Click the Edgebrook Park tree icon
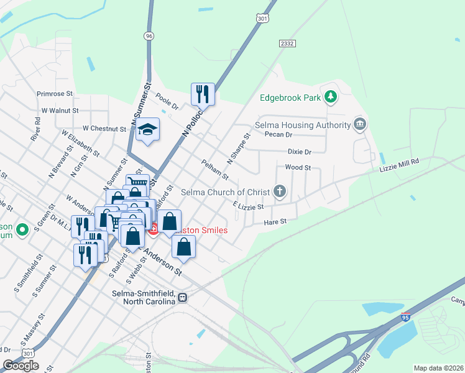click(331, 97)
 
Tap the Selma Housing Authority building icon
click(359, 125)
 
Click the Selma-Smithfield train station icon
click(182, 297)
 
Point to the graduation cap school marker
click(147, 129)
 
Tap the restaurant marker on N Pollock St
click(203, 94)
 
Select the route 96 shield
click(148, 36)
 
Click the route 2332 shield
click(287, 43)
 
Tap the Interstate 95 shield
click(405, 318)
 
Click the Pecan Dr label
click(278, 134)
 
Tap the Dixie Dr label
click(299, 152)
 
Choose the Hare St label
click(275, 221)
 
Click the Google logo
click(21, 366)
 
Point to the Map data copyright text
click(438, 368)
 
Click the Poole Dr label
click(167, 102)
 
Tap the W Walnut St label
click(60, 110)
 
